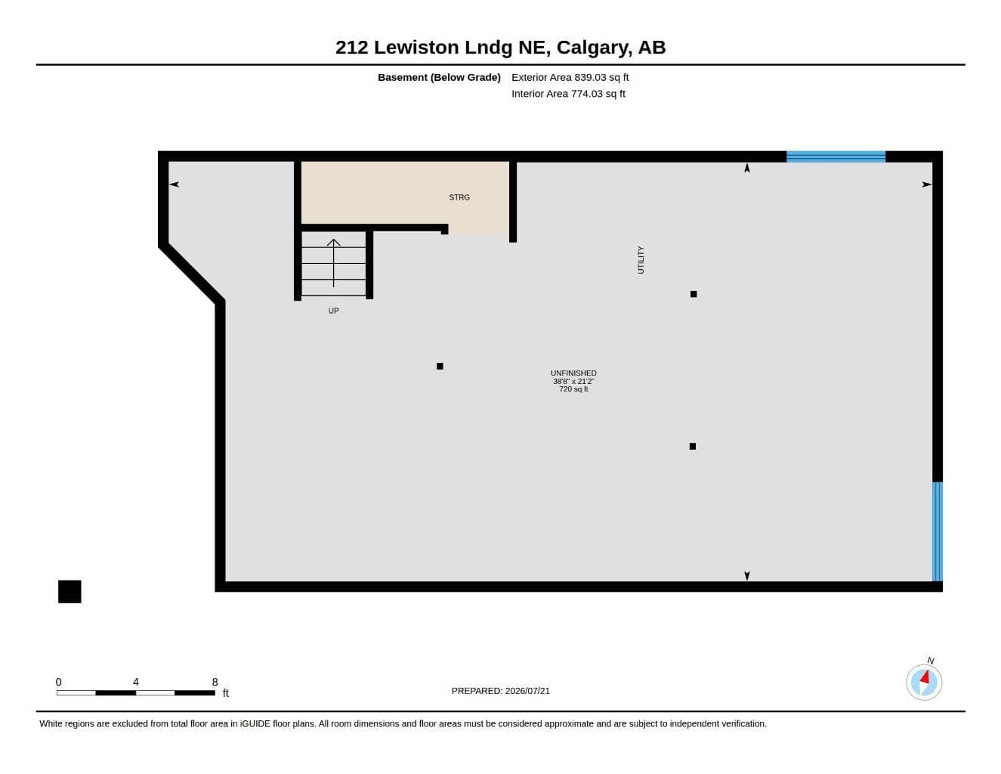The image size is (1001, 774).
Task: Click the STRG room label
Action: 459,197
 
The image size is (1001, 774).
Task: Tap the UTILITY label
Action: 641,260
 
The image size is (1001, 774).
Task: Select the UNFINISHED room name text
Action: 573,373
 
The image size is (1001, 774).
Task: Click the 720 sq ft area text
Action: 573,389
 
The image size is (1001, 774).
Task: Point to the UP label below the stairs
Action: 333,311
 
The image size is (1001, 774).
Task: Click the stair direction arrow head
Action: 333,242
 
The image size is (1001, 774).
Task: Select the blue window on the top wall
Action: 836,156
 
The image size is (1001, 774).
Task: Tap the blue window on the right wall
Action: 938,531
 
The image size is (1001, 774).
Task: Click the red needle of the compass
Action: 925,677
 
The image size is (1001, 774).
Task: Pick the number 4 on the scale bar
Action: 135,682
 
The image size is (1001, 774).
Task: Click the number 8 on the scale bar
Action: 215,682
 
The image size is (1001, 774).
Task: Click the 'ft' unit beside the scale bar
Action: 226,693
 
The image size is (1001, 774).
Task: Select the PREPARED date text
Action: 501,691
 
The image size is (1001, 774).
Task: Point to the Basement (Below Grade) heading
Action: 439,77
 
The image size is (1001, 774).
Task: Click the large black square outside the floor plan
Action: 70,592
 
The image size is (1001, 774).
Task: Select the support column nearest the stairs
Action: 440,367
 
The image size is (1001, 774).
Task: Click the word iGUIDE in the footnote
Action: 255,724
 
